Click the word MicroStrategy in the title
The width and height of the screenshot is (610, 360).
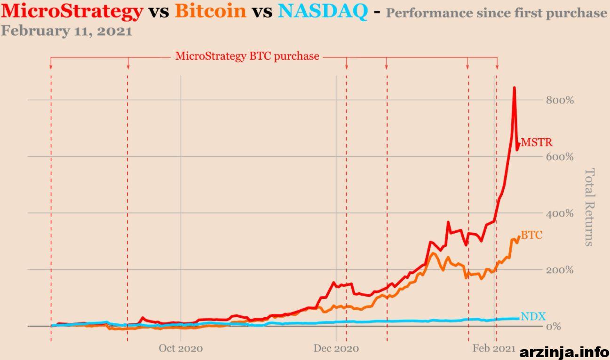click(72, 12)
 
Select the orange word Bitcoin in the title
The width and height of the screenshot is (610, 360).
click(211, 11)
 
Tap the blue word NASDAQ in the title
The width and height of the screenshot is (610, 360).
click(323, 11)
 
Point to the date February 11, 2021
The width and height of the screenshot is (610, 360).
click(67, 31)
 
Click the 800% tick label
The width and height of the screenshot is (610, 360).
click(560, 100)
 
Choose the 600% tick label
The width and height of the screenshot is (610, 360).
click(560, 157)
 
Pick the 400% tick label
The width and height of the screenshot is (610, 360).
click(560, 214)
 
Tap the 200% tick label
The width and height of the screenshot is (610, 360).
click(560, 270)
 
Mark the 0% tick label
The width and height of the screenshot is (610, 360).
click(554, 326)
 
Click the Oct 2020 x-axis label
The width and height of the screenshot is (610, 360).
click(181, 348)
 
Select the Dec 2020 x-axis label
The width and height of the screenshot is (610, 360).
click(336, 348)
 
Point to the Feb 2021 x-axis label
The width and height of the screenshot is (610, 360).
click(494, 348)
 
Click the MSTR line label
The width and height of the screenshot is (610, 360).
click(537, 142)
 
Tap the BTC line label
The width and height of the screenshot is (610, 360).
click(531, 235)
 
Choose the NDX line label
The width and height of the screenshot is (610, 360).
click(533, 316)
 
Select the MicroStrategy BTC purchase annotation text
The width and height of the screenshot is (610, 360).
click(247, 56)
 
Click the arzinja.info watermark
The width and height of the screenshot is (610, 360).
click(564, 352)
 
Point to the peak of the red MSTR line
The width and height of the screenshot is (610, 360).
click(514, 87)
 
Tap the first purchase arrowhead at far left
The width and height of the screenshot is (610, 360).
click(51, 67)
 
